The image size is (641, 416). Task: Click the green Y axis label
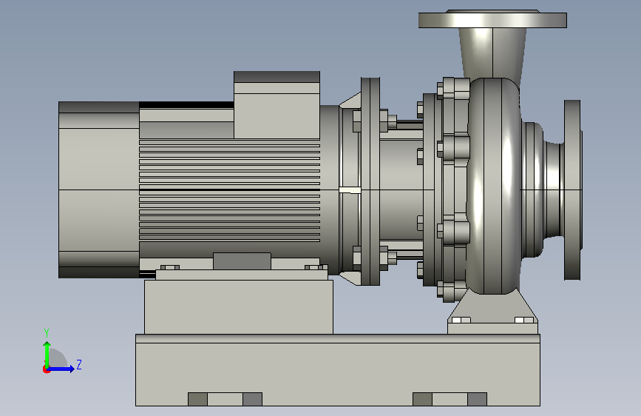click(x=47, y=332)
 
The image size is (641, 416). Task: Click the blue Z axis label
click(x=79, y=364)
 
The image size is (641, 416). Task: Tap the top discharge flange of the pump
click(x=492, y=19)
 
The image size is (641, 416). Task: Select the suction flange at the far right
click(x=572, y=190)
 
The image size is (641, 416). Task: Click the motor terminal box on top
click(x=277, y=105)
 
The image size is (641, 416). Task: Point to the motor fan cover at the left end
click(x=99, y=190)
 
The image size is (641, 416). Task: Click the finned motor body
click(x=229, y=189)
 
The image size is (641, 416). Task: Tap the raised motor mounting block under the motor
click(x=239, y=306)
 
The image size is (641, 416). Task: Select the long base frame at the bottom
click(x=338, y=370)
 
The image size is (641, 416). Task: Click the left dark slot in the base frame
click(x=198, y=399)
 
